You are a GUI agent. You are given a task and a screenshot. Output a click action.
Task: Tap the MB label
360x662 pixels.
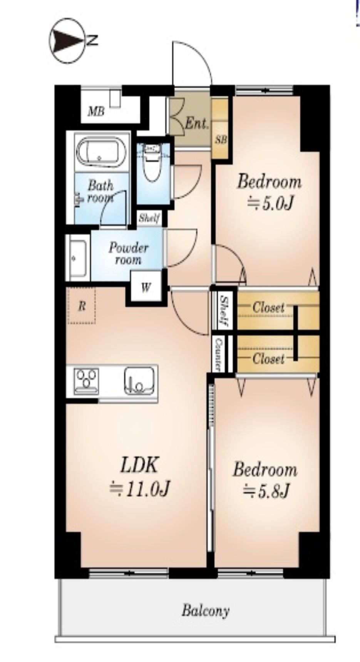[x=96, y=112]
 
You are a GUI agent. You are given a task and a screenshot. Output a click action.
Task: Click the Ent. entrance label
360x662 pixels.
[x=196, y=123]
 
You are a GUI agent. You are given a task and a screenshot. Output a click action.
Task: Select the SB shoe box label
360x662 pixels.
[x=221, y=139]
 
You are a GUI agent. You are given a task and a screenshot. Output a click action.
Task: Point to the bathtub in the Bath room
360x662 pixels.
[x=101, y=153]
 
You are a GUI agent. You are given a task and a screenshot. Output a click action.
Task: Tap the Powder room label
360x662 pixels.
[x=128, y=253]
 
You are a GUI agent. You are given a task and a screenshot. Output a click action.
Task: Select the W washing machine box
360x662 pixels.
[x=146, y=287]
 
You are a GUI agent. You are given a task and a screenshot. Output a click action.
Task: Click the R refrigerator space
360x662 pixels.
[x=81, y=306]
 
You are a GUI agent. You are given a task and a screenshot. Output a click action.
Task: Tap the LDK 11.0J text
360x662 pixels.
[x=139, y=477]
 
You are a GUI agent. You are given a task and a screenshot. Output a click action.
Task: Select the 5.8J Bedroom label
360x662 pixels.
[x=265, y=480]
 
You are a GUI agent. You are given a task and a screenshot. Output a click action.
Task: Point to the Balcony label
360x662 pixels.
[x=206, y=611]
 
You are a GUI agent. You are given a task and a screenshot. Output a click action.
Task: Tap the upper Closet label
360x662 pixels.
[x=268, y=308]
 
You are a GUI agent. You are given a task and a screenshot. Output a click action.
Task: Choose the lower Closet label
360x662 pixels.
[x=268, y=359]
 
